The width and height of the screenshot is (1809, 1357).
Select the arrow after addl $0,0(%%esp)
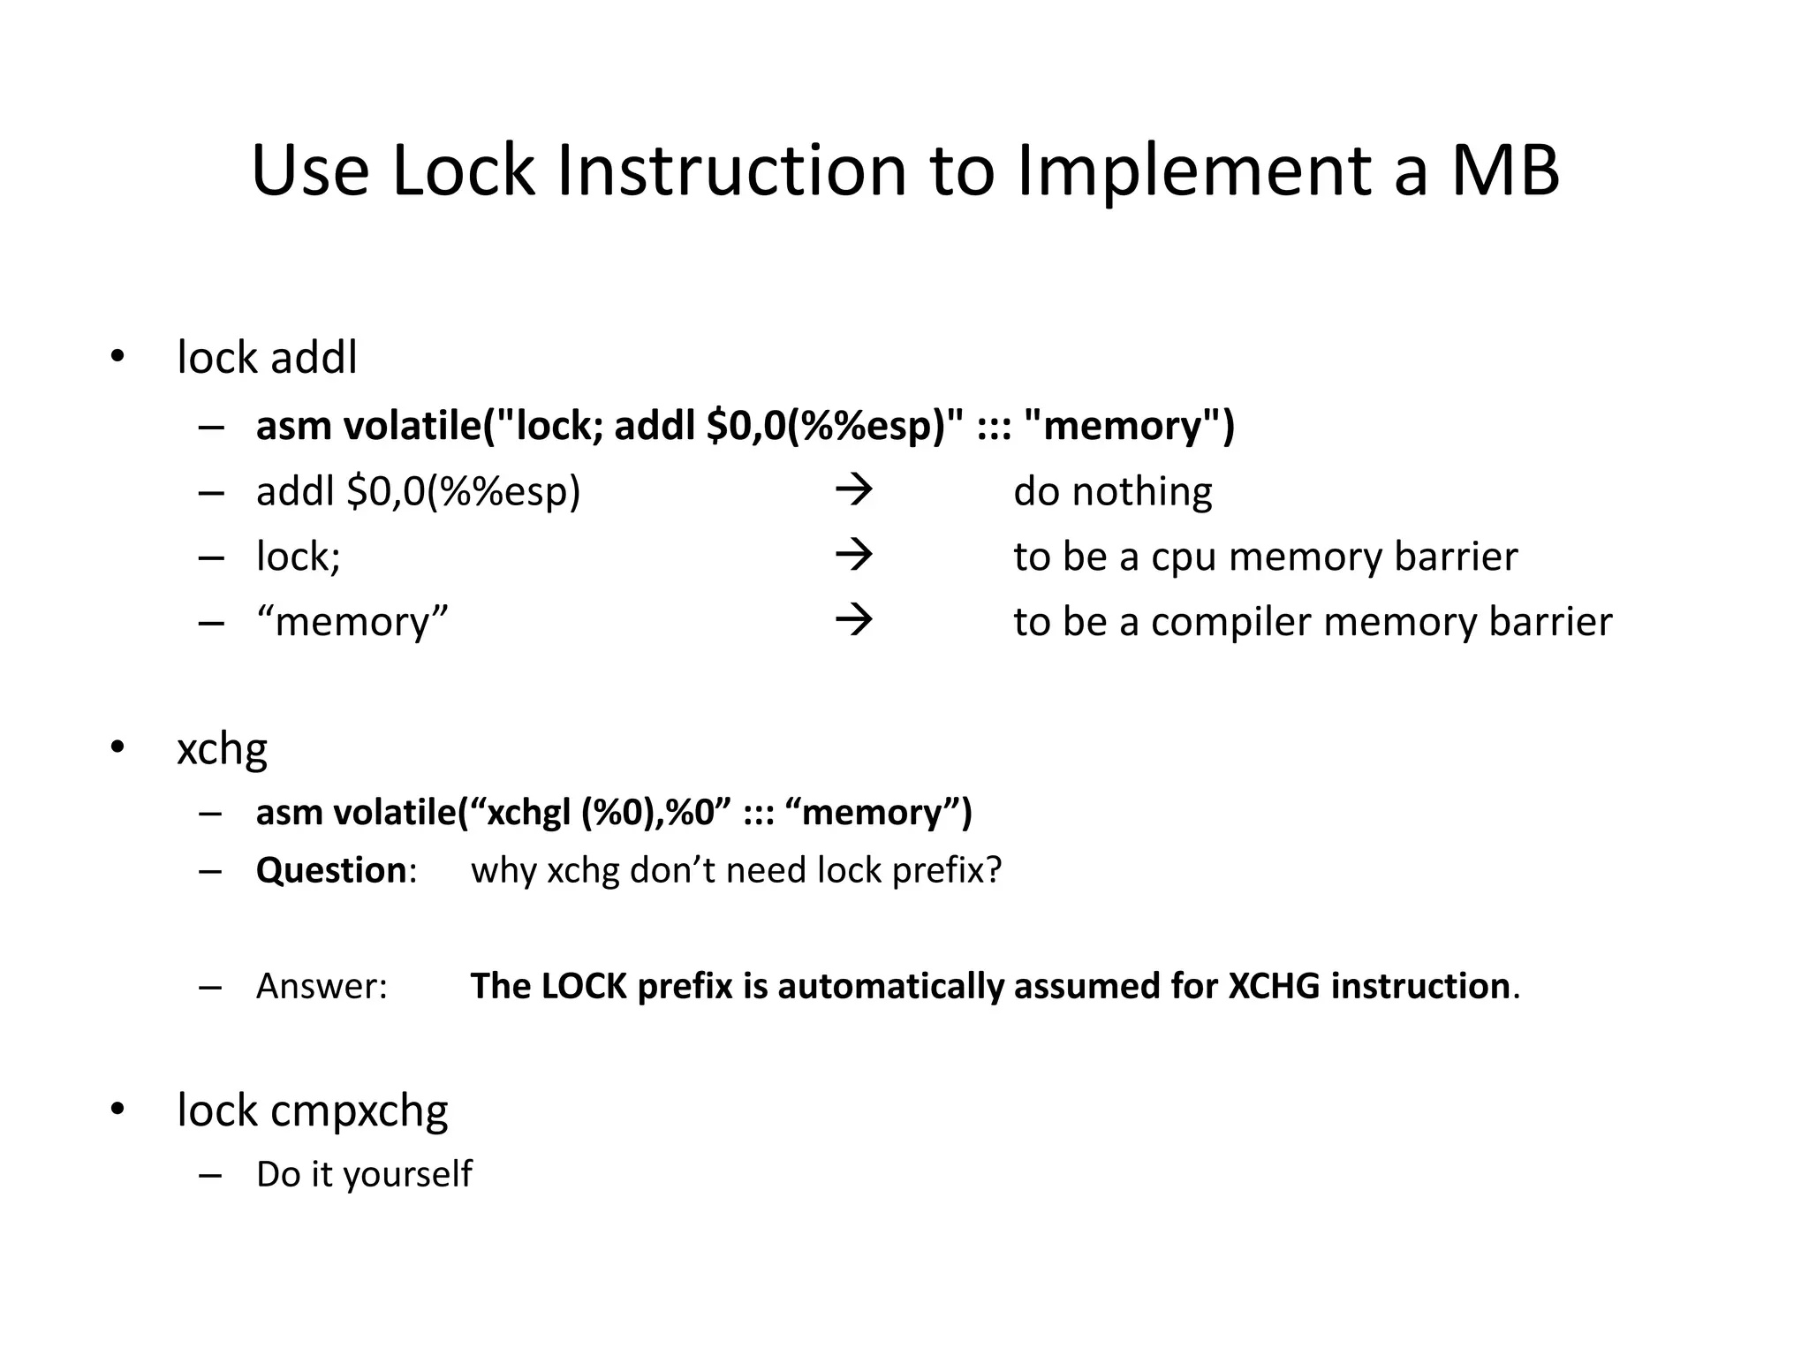click(x=853, y=490)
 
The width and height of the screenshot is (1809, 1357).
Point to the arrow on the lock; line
click(x=853, y=556)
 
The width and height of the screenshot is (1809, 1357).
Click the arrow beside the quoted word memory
click(x=853, y=621)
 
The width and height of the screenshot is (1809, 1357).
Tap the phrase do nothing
click(x=1112, y=491)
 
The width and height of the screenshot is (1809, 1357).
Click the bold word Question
click(x=330, y=871)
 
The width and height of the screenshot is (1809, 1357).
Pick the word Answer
click(x=321, y=987)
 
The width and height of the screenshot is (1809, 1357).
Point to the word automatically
click(x=890, y=987)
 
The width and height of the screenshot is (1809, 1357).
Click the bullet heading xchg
click(x=222, y=749)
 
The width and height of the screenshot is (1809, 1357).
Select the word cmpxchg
click(x=359, y=1111)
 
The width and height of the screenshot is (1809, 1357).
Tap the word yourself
click(x=407, y=1175)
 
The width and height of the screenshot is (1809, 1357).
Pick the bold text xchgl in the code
click(x=528, y=813)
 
